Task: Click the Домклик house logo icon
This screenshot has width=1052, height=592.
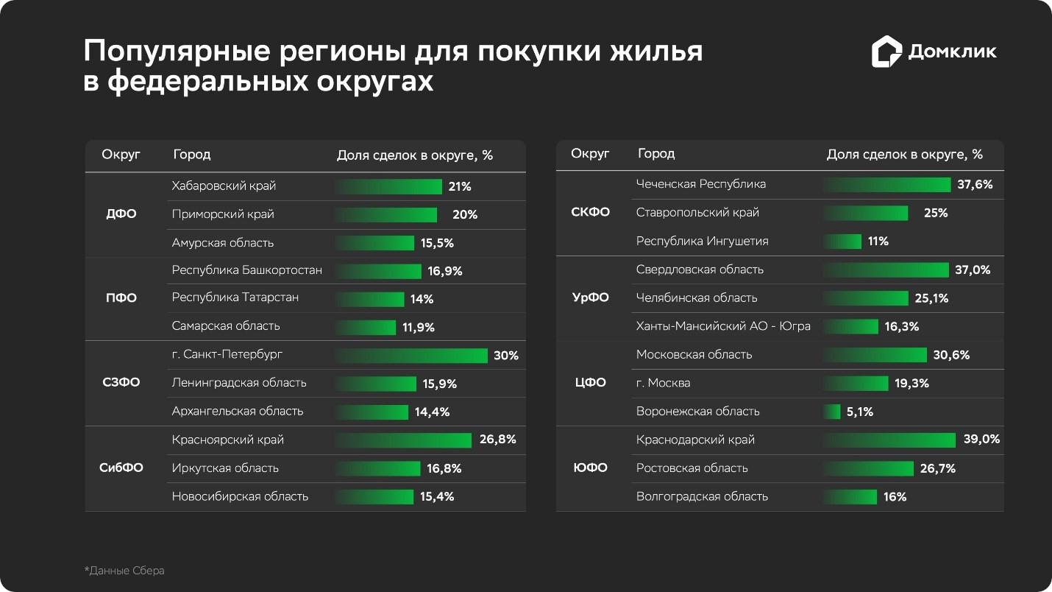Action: (886, 52)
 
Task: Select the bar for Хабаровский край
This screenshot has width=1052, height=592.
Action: (388, 186)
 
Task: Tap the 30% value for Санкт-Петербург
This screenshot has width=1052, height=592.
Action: (505, 356)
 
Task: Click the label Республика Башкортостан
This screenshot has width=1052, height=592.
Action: (246, 270)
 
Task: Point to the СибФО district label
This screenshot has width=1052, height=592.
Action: (121, 468)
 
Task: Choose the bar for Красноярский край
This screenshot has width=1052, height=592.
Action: (403, 440)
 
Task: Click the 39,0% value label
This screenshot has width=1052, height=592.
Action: (981, 440)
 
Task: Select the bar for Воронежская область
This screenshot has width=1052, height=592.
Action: (832, 412)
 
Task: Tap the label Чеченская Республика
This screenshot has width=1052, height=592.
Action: (700, 184)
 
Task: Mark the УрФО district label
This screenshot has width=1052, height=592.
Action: (591, 298)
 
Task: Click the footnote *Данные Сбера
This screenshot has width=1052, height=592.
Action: (124, 571)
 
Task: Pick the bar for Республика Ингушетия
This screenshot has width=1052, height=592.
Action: (842, 242)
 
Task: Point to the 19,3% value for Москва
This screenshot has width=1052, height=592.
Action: (911, 384)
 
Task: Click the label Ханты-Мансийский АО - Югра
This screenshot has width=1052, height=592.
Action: (723, 326)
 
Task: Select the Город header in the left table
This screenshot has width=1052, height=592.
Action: (192, 155)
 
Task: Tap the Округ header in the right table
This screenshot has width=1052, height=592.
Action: (590, 154)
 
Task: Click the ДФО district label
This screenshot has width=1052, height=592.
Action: (121, 215)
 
